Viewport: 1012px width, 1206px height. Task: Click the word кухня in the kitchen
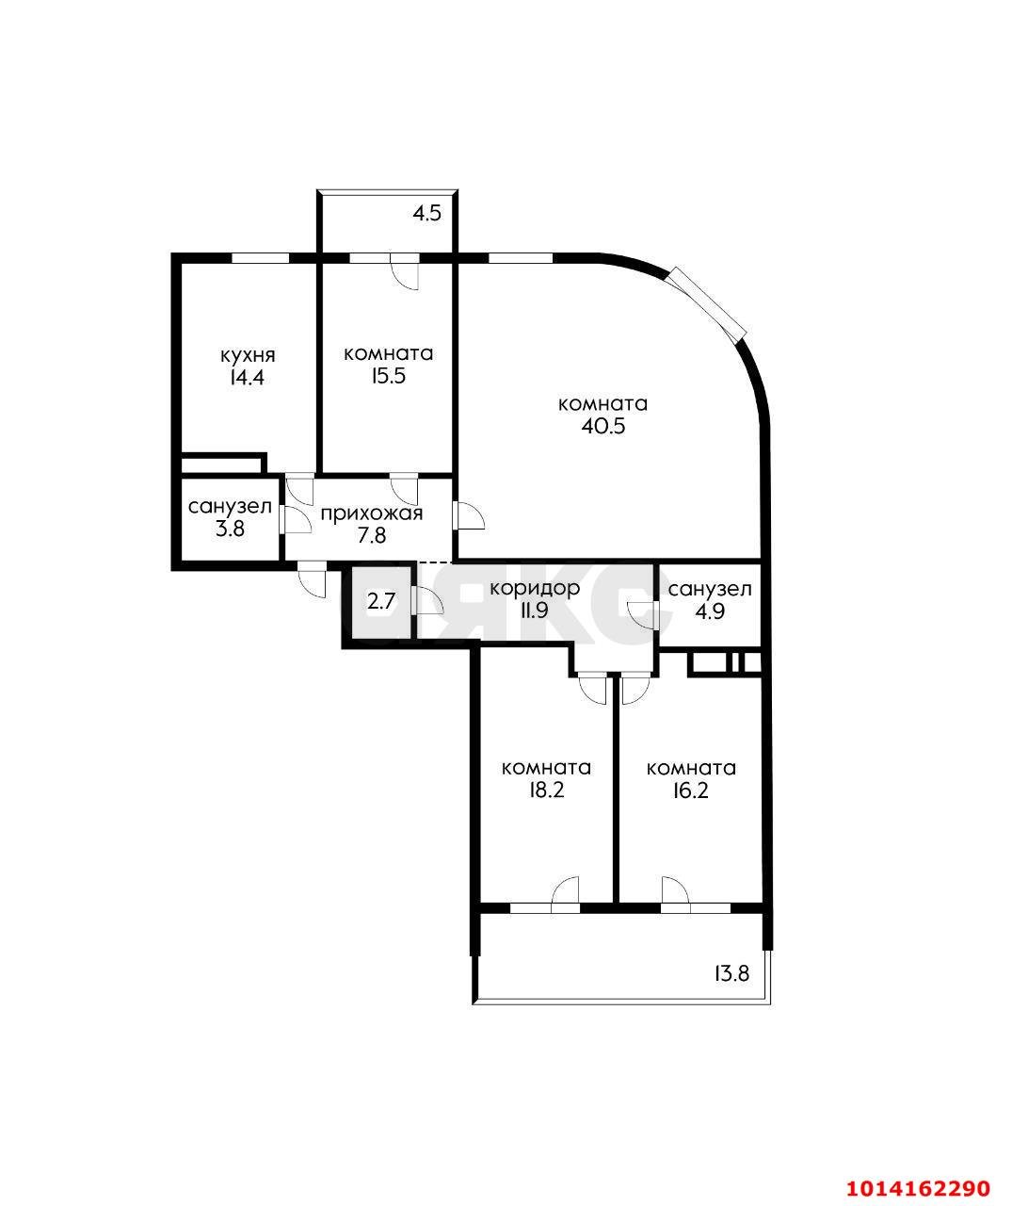point(247,355)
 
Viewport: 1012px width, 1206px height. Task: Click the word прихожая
point(371,513)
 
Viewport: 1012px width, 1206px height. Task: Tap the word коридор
point(534,588)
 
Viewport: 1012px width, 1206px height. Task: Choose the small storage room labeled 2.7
point(380,601)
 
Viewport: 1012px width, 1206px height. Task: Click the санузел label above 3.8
point(230,507)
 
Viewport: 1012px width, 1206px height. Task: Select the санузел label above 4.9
point(710,590)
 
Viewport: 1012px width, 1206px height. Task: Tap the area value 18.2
point(546,790)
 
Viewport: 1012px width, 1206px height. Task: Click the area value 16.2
point(691,790)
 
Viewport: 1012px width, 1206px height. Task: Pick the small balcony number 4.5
point(426,213)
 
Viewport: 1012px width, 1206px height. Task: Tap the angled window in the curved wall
point(708,301)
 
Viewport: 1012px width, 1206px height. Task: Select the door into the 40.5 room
point(468,517)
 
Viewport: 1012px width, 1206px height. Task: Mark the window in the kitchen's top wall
point(260,256)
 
